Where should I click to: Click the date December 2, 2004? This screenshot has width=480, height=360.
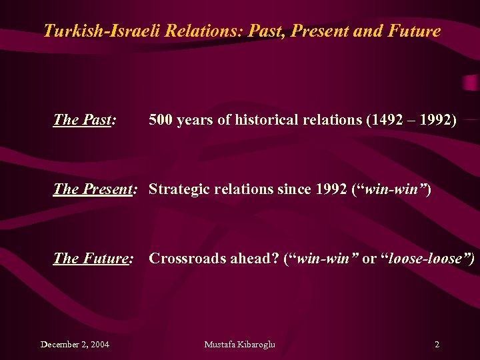[x=75, y=345]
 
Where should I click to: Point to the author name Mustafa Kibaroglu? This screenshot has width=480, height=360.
[x=239, y=345]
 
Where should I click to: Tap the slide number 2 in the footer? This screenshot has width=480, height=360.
[x=437, y=345]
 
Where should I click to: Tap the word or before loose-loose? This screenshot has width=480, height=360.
[x=369, y=259]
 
